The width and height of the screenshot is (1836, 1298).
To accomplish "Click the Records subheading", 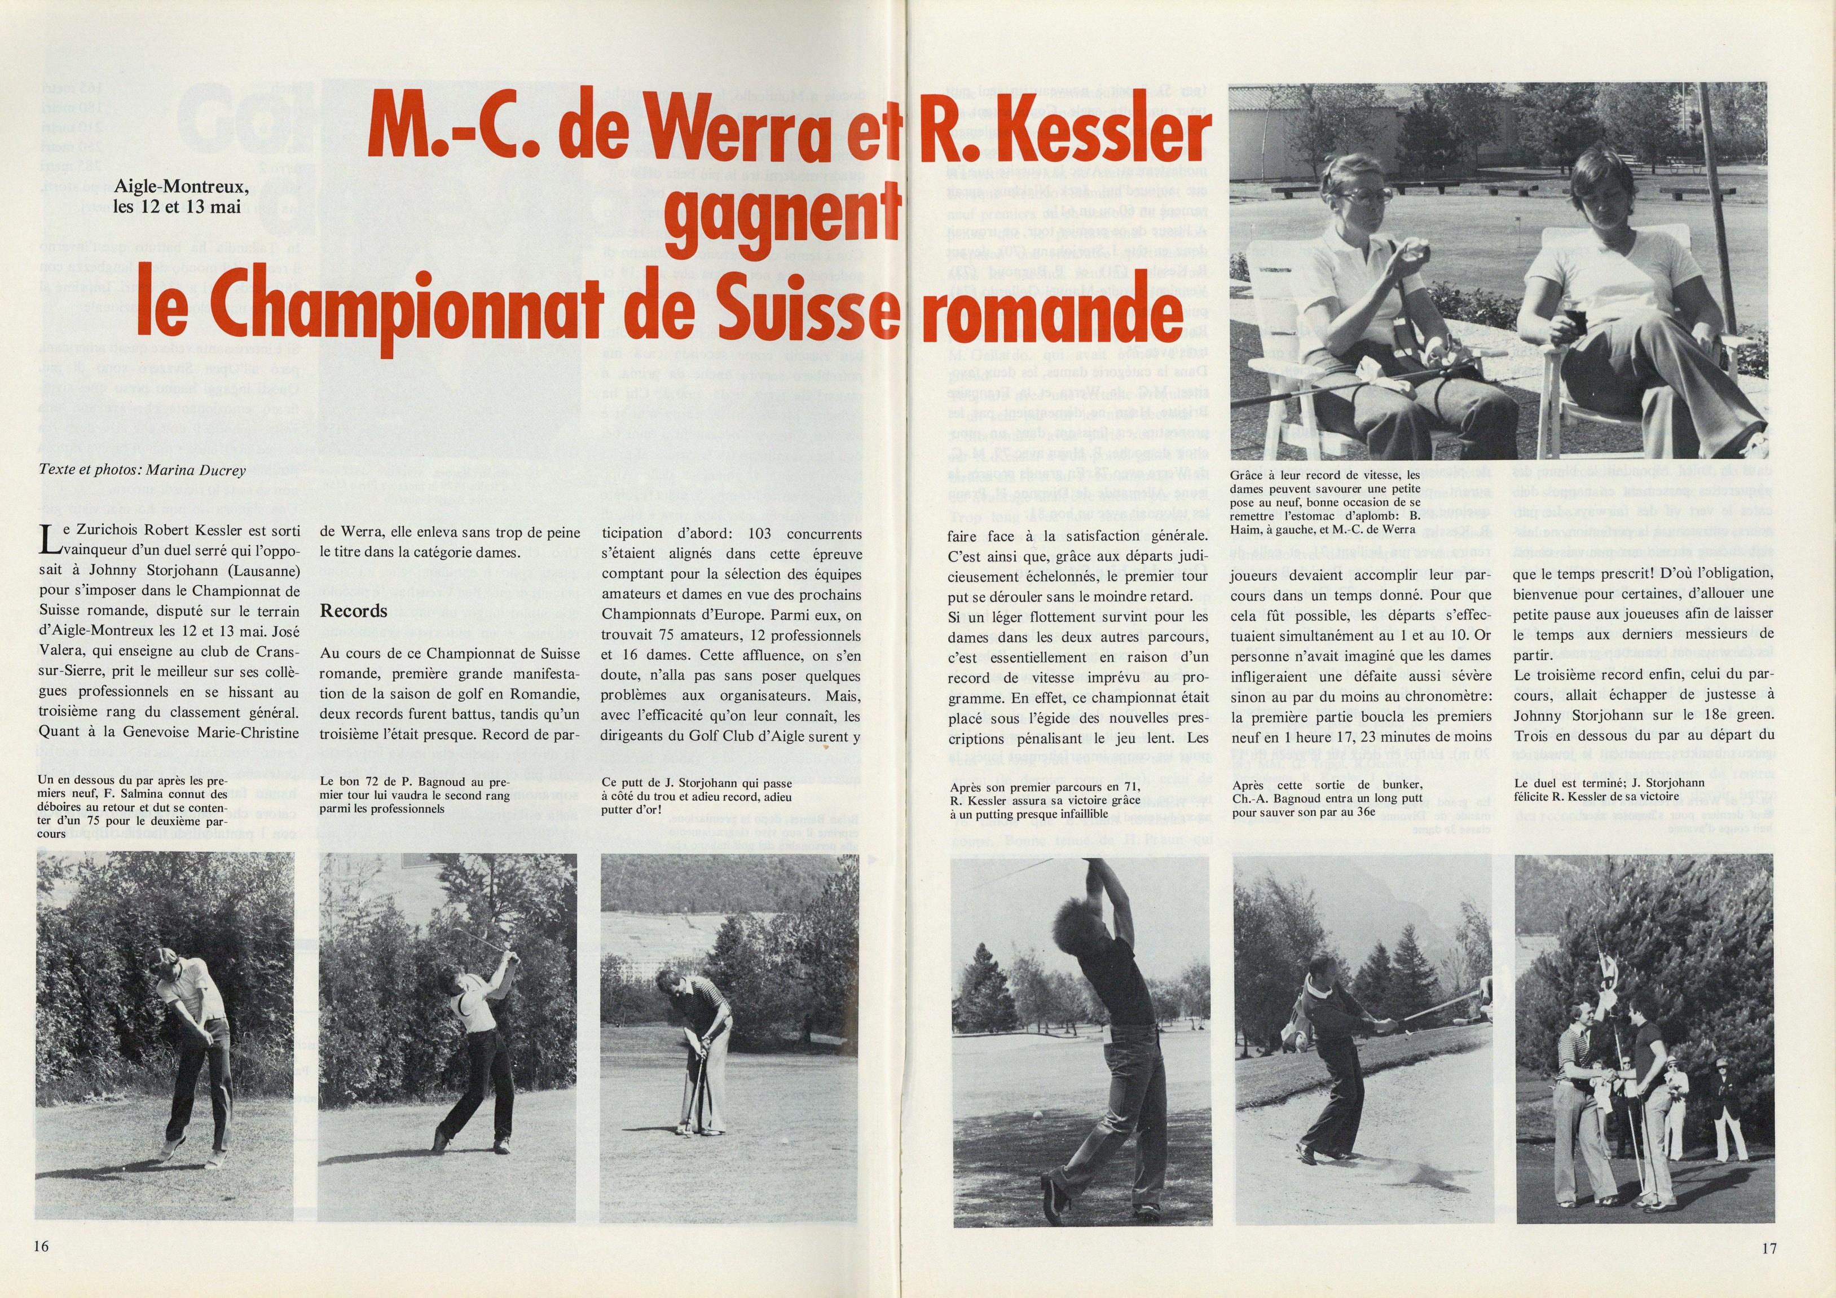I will point(354,611).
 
